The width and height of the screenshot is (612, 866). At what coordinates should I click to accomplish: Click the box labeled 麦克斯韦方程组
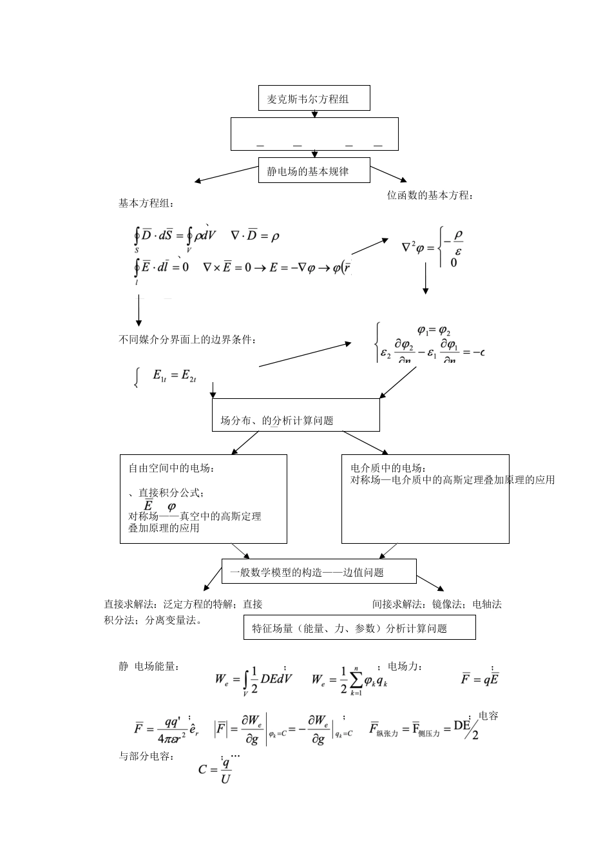(x=314, y=99)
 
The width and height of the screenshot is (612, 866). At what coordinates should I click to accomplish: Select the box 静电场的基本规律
(x=314, y=172)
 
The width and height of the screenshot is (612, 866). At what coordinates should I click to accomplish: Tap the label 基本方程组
(x=146, y=204)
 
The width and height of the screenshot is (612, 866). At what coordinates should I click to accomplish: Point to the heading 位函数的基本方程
(x=429, y=195)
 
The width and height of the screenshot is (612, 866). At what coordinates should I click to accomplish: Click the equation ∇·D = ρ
(x=254, y=236)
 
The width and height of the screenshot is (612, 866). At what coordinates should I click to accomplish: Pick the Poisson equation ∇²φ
(x=432, y=246)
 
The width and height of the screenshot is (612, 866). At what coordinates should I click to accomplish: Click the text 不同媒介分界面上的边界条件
(x=187, y=340)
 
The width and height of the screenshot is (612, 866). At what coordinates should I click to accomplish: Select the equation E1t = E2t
(x=174, y=375)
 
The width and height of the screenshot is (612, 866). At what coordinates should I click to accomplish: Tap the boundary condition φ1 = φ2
(x=434, y=331)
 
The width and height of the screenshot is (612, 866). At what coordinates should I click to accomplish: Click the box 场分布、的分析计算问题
(x=296, y=415)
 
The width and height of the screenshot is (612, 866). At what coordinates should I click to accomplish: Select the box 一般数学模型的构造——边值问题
(x=319, y=572)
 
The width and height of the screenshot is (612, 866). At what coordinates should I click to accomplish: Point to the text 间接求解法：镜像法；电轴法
(x=437, y=604)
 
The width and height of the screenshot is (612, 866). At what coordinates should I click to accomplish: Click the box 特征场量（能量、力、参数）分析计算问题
(x=359, y=628)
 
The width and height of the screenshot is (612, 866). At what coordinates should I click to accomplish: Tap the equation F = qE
(x=480, y=678)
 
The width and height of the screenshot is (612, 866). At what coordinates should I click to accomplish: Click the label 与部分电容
(x=146, y=756)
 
